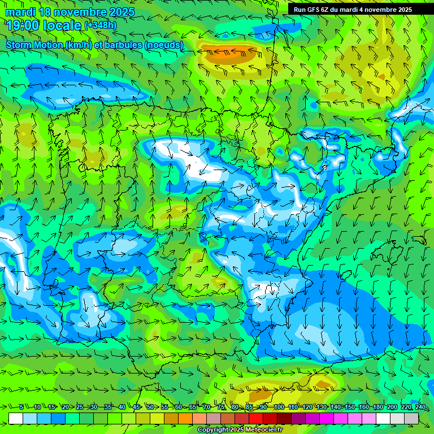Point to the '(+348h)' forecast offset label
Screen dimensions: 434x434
(101, 25)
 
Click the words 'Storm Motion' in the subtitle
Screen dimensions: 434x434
(34, 45)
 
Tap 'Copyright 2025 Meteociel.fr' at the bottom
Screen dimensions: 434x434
(240, 430)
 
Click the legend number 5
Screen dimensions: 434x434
(21, 407)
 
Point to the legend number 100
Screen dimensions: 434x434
(279, 407)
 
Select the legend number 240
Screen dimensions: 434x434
(420, 407)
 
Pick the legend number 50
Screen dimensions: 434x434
(150, 407)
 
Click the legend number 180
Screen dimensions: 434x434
(377, 407)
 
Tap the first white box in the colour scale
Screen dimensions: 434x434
(16, 418)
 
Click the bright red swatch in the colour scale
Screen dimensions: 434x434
(256, 418)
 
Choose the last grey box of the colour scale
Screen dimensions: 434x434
(411, 418)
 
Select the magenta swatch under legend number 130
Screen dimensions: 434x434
(327, 418)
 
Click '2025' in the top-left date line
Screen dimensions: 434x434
(120, 12)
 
